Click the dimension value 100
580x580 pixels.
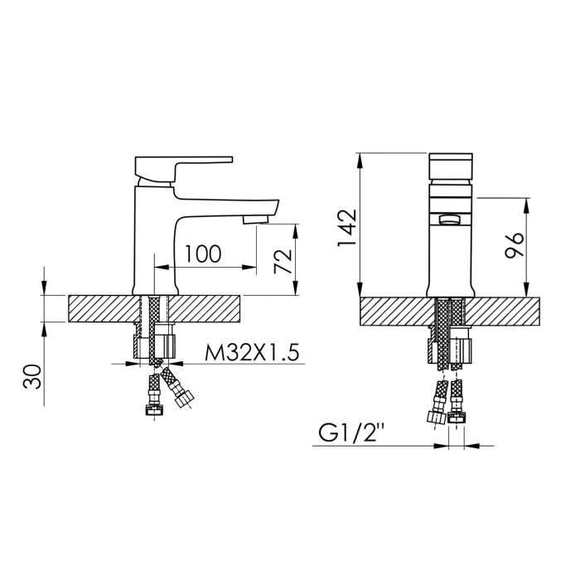point(203,254)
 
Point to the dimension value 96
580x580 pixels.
point(514,246)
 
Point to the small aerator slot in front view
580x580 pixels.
point(451,219)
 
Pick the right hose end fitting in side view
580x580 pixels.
point(182,401)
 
